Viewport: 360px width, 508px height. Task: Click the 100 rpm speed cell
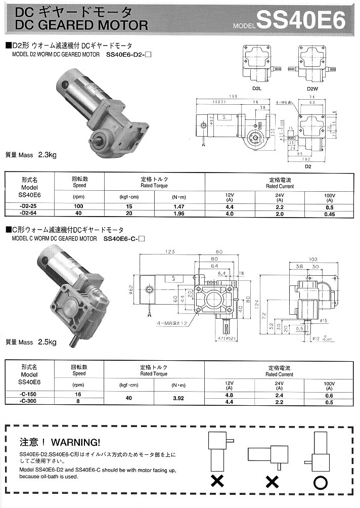79,207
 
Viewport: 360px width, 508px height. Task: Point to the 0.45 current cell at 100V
330,214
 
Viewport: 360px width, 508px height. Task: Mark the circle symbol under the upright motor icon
321,482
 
